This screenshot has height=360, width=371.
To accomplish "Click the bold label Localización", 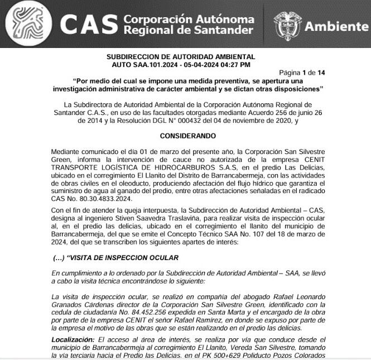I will coord(73,339).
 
